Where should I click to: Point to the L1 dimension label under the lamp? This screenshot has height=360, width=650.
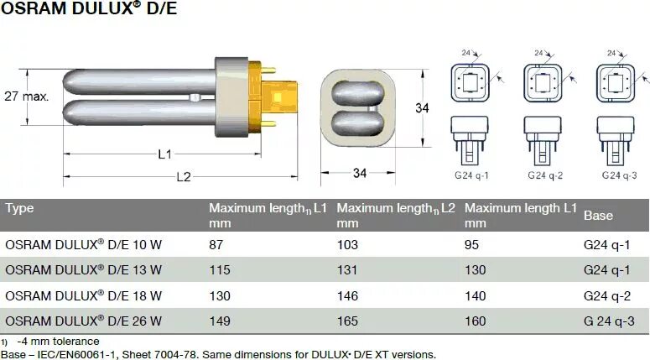pos(164,154)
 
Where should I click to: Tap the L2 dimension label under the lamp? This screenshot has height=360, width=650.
pos(184,176)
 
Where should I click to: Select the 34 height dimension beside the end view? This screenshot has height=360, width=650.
pos(422,107)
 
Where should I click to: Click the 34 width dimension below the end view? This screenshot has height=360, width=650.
pos(359,174)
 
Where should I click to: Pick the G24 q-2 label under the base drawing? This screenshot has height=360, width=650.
pos(544,175)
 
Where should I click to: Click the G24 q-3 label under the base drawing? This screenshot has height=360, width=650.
pos(619,175)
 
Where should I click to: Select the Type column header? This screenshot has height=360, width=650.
pos(19,208)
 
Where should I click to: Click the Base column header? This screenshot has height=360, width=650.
pos(598,216)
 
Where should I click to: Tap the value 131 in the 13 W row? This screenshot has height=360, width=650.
pos(346,269)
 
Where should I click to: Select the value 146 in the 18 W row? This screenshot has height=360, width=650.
pos(346,295)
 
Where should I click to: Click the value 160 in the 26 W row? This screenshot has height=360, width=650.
pos(475,321)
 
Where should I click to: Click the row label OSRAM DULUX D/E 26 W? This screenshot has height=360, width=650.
pos(84,321)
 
